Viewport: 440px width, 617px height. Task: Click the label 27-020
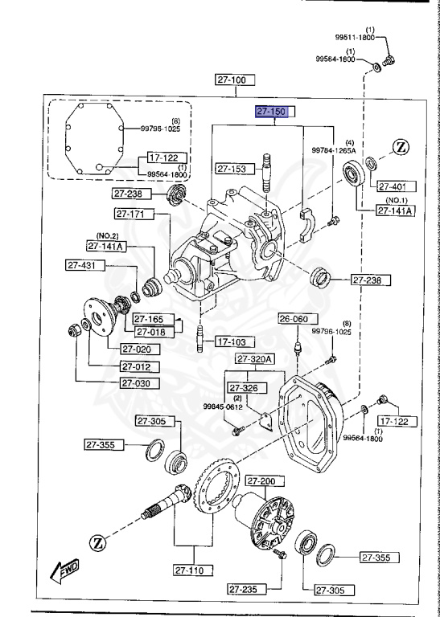point(140,349)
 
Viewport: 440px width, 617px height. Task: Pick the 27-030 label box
point(140,383)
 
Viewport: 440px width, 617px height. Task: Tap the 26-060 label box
point(294,319)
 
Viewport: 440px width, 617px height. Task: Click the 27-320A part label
point(256,358)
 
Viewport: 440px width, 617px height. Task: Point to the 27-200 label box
point(261,481)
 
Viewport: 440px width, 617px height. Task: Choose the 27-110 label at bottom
point(193,570)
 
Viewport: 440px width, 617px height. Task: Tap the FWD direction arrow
point(64,571)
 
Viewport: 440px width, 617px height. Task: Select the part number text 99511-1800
point(355,37)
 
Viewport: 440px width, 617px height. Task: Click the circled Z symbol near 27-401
point(402,147)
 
